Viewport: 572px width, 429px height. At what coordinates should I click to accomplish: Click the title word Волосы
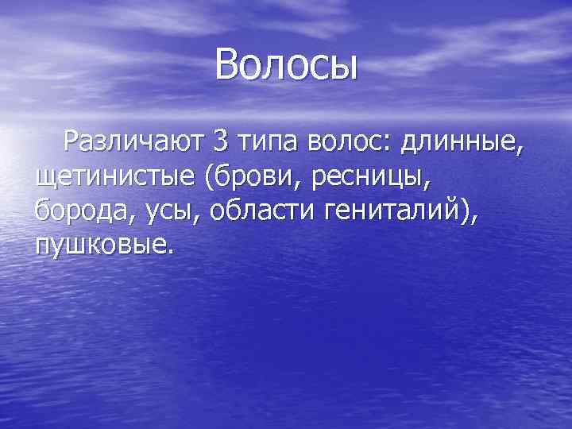pyautogui.click(x=287, y=64)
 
